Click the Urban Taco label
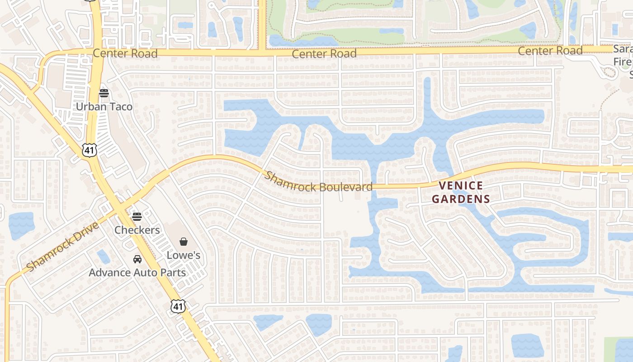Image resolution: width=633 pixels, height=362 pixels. [x=104, y=107]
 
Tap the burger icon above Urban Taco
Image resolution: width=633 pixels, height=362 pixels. [x=104, y=93]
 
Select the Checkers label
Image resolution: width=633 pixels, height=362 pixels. [x=137, y=230]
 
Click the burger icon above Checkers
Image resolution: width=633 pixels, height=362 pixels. [x=137, y=216]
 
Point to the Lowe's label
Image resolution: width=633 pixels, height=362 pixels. [x=184, y=255]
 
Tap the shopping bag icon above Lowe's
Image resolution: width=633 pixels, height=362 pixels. [x=184, y=242]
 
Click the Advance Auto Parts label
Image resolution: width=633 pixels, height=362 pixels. [x=137, y=272]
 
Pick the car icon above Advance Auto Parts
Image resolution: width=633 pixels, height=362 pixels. [x=137, y=259]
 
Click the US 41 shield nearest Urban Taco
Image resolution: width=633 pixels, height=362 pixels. [x=88, y=150]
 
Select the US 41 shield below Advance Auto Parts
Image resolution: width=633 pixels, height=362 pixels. [x=178, y=306]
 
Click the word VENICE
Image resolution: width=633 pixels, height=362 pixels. [x=461, y=186]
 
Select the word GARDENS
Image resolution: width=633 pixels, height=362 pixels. [x=461, y=199]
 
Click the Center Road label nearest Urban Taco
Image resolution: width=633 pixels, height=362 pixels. [x=125, y=53]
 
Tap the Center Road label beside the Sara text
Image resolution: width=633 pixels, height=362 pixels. [x=550, y=51]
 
